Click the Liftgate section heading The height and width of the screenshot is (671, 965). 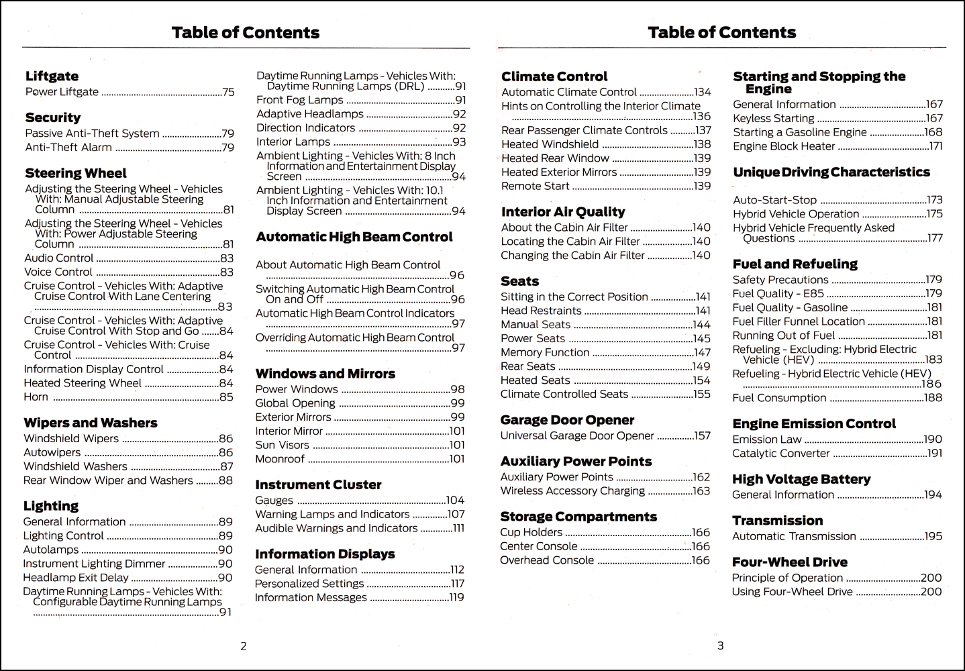click(52, 76)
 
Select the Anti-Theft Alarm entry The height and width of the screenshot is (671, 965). click(59, 148)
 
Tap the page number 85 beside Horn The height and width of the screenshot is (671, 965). click(226, 397)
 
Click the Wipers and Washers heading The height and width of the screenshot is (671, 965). click(91, 423)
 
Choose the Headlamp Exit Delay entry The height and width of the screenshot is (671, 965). click(76, 578)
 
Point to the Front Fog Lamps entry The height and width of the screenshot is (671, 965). click(299, 100)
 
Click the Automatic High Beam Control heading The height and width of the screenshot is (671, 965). click(354, 237)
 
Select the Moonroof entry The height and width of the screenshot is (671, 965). click(280, 459)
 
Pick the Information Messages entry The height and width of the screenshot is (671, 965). click(311, 598)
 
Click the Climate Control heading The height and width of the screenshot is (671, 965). click(554, 76)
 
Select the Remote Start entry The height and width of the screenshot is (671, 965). click(535, 186)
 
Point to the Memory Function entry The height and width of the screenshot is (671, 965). click(545, 352)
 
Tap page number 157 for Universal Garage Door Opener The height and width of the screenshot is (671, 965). click(702, 436)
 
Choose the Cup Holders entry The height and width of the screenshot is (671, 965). click(531, 533)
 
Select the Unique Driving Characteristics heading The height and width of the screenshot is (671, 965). click(831, 172)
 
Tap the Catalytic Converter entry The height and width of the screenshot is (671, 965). click(781, 454)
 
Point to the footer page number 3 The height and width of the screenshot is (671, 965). click(721, 646)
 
